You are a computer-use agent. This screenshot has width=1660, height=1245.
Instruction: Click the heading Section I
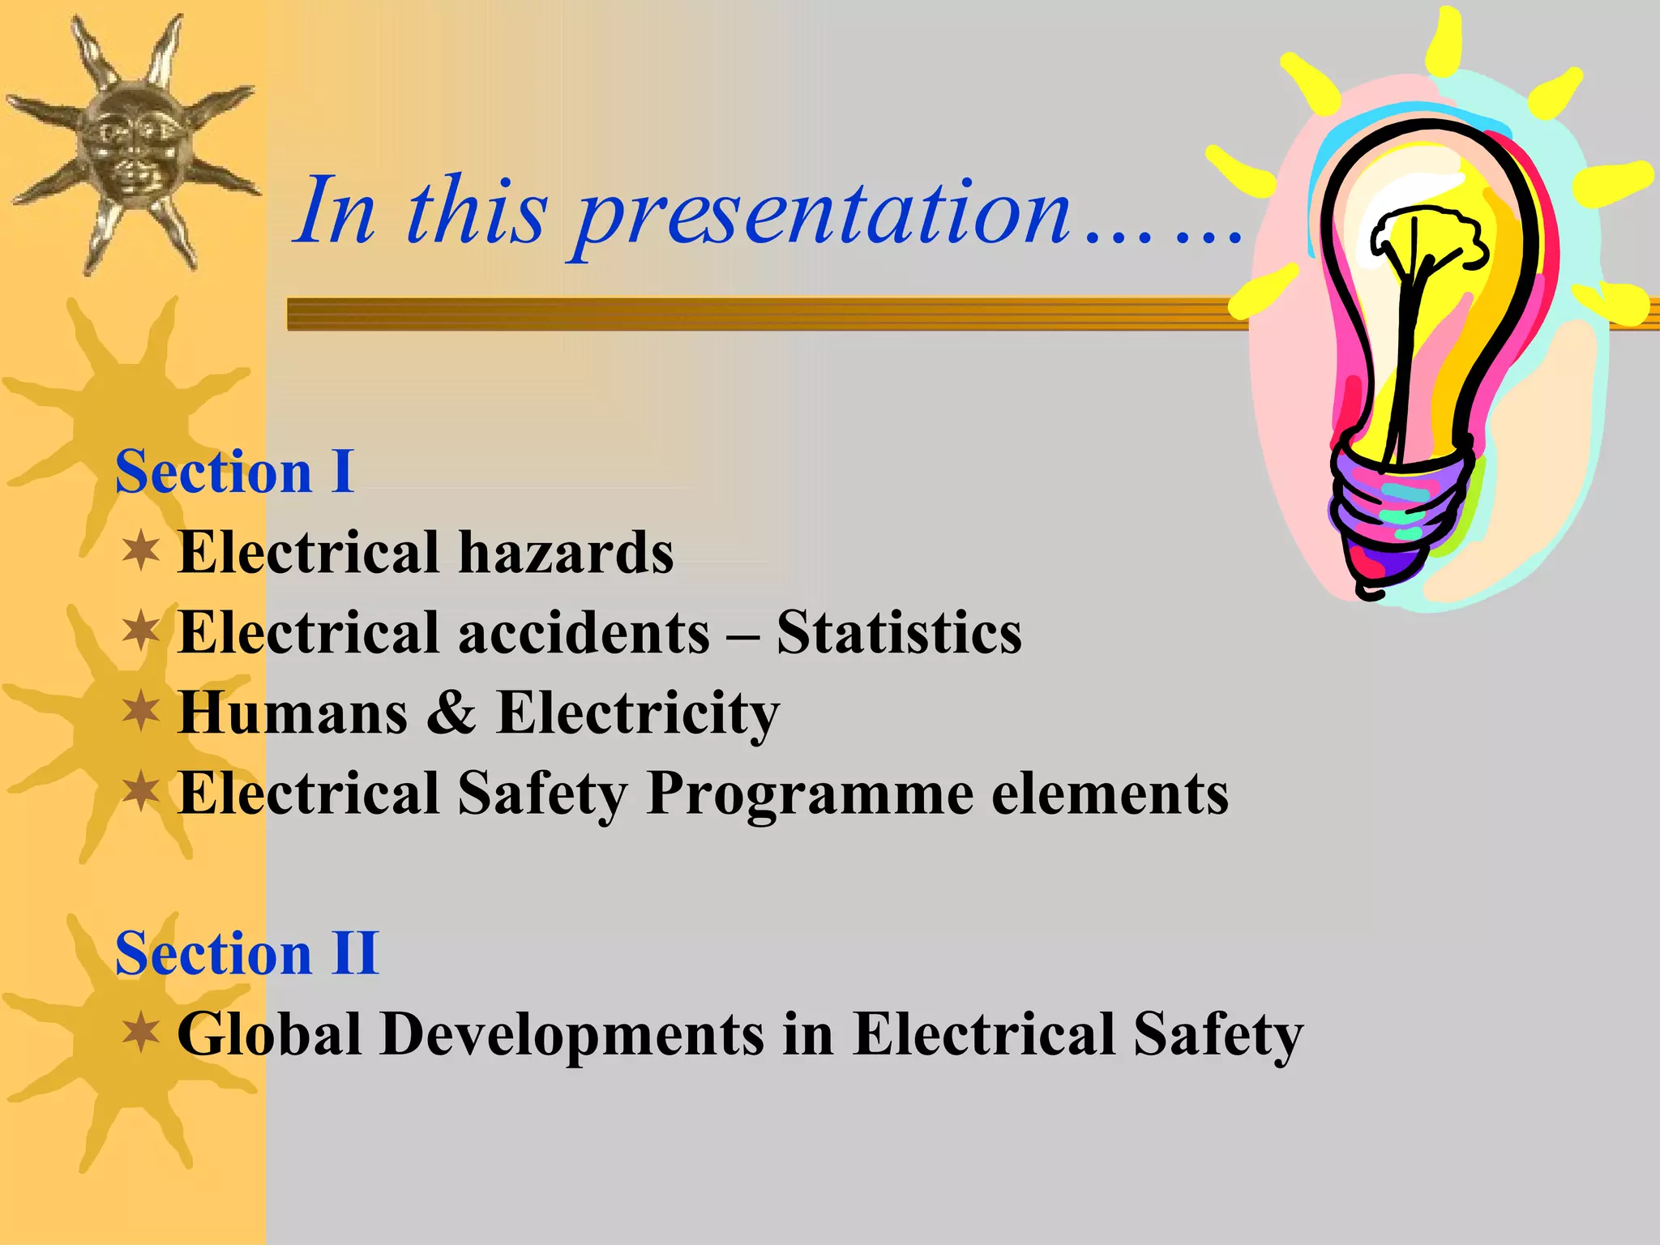tap(234, 472)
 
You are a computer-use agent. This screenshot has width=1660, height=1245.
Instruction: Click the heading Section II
tap(246, 953)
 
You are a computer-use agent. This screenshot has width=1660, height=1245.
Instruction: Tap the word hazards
tap(566, 553)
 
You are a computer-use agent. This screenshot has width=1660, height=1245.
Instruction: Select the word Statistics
tap(899, 633)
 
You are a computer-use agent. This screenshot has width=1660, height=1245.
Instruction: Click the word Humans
tap(293, 713)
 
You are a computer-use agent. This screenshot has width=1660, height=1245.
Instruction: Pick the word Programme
tap(810, 794)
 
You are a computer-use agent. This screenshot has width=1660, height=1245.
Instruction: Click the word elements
tap(1110, 794)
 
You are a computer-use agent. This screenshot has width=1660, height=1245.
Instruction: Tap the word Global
tap(269, 1034)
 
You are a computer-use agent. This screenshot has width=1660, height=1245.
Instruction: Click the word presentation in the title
tap(822, 212)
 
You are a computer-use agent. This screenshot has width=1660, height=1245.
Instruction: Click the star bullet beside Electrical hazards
tap(141, 551)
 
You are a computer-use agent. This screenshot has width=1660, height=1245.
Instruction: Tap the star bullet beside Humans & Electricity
tap(141, 712)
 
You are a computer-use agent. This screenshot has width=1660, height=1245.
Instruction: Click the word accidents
tap(584, 633)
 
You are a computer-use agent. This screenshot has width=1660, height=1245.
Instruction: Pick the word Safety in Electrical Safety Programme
tap(541, 794)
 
